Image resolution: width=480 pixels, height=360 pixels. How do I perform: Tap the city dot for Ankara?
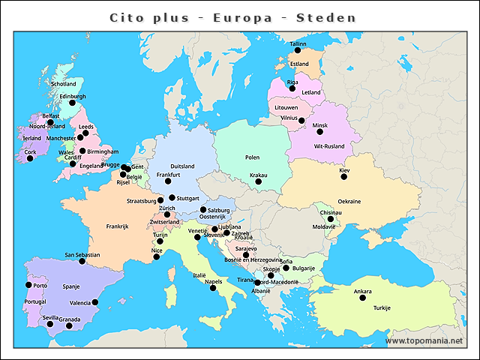(362, 298)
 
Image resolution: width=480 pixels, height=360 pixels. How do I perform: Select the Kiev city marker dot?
(344, 177)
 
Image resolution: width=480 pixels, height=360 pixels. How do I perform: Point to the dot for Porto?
(28, 285)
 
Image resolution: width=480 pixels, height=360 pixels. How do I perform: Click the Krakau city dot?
(258, 181)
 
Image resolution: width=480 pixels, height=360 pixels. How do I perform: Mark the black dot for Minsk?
(319, 132)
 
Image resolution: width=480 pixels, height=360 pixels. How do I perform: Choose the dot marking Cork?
(30, 158)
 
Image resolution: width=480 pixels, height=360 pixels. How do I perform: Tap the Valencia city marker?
(95, 302)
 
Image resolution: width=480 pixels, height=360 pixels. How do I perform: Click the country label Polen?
(252, 157)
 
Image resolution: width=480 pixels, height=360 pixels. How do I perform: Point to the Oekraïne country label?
(349, 202)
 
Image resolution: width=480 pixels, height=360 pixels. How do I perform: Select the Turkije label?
(382, 308)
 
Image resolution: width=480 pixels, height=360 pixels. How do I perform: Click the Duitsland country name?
(182, 166)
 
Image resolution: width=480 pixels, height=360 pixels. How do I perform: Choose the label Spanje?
(71, 286)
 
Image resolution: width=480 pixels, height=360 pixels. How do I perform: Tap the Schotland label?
(63, 84)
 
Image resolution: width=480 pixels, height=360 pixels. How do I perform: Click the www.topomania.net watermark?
(424, 340)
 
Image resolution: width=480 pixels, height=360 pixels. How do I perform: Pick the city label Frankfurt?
(169, 174)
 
